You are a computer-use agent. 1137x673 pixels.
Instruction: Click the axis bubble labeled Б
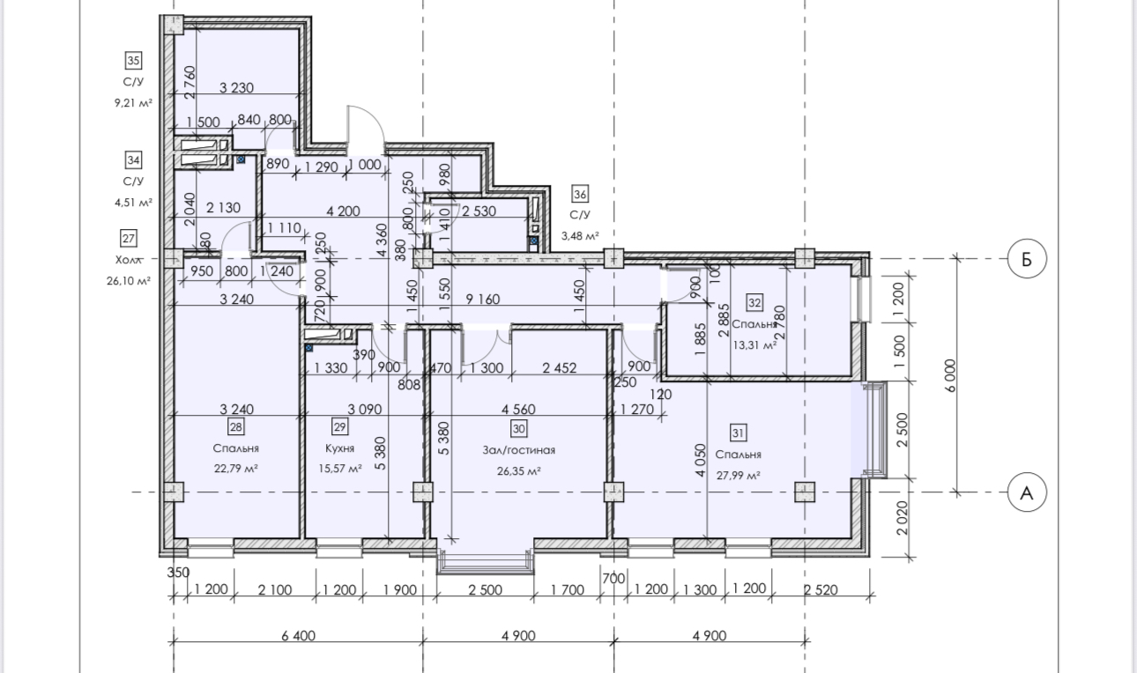(x=1026, y=259)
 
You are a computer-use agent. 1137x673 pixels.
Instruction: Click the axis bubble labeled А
(x=1026, y=492)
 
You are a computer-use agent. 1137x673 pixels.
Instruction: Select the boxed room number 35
(x=133, y=61)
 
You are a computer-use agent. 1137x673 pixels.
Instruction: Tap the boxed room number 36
(x=580, y=194)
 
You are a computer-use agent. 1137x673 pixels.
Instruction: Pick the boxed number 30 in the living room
(x=518, y=428)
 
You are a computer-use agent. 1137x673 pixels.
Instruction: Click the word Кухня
(x=339, y=447)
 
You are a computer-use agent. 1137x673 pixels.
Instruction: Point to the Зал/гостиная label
(x=518, y=450)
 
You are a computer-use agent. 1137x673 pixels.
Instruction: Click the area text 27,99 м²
(x=738, y=475)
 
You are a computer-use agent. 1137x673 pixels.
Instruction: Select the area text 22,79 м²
(x=235, y=468)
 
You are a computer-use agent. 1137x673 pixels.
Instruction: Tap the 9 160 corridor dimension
(x=482, y=300)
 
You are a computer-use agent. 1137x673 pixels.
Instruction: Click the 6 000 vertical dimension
(x=949, y=375)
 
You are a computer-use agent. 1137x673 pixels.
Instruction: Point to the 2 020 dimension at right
(x=902, y=518)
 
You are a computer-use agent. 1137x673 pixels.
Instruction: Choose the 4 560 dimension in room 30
(x=518, y=409)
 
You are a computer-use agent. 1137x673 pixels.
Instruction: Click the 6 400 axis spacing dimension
(x=298, y=635)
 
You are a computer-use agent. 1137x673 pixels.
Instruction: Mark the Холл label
(x=128, y=260)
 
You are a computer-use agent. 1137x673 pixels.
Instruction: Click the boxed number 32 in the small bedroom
(x=754, y=303)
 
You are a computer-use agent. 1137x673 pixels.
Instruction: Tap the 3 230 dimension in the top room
(x=236, y=88)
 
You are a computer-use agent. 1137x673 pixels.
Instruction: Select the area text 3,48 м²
(x=580, y=236)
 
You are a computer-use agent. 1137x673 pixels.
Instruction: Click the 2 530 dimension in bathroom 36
(x=479, y=211)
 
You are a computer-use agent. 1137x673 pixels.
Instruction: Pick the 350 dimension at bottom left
(x=178, y=573)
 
